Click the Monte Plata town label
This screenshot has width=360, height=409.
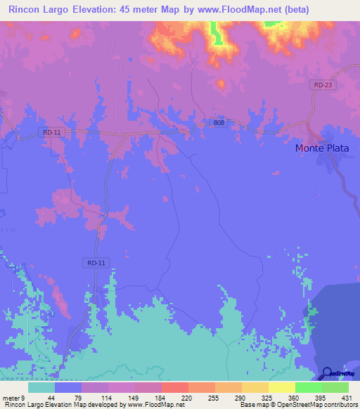[321, 148]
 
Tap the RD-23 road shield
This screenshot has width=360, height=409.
[323, 84]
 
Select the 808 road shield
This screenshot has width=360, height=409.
[219, 122]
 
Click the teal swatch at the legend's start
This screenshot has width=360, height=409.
[41, 387]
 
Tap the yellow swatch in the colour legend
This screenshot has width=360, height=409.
[281, 387]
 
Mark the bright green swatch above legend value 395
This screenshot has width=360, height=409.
[308, 387]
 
